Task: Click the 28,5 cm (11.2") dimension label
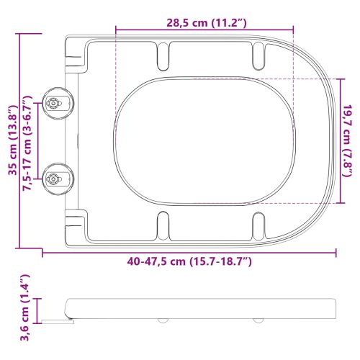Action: point(204,22)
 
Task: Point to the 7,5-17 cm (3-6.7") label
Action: point(29,142)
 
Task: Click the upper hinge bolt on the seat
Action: point(54,104)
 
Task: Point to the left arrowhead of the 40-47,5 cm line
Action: point(44,253)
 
